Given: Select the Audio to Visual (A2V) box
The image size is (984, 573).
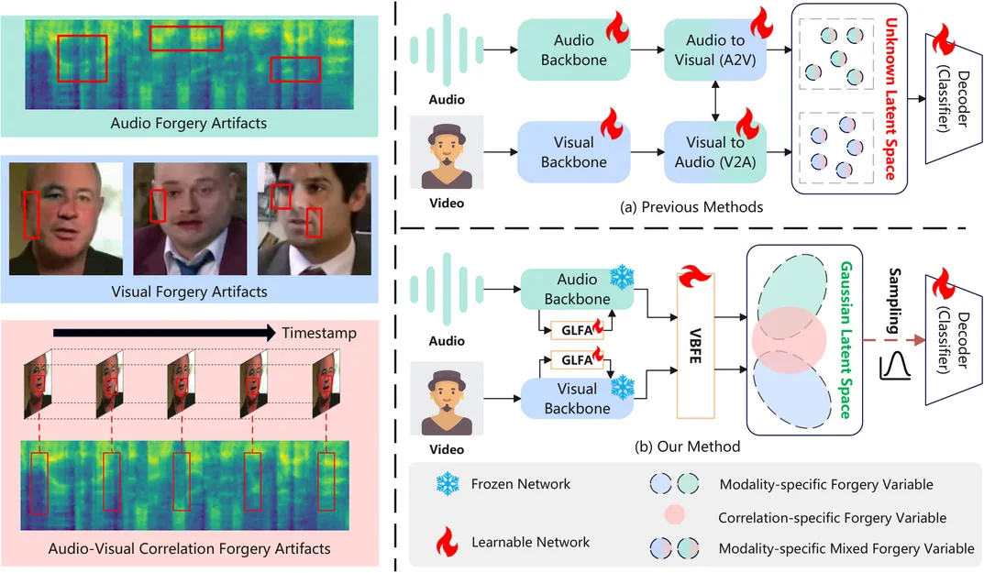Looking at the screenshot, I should pyautogui.click(x=715, y=50).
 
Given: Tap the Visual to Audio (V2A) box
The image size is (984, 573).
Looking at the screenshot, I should pyautogui.click(x=715, y=152).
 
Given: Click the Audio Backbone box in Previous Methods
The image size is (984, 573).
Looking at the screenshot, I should pyautogui.click(x=574, y=50).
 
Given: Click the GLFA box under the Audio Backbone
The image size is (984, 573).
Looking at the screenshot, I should pyautogui.click(x=576, y=327).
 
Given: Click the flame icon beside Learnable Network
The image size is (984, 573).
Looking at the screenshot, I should pyautogui.click(x=448, y=543).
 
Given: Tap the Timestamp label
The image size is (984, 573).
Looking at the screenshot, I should pyautogui.click(x=319, y=333).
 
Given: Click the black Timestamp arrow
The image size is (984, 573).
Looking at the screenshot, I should pyautogui.click(x=165, y=333).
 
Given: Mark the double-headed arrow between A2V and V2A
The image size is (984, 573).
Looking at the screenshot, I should pyautogui.click(x=715, y=101).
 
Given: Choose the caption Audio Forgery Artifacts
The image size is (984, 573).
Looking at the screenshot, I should pyautogui.click(x=189, y=122).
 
